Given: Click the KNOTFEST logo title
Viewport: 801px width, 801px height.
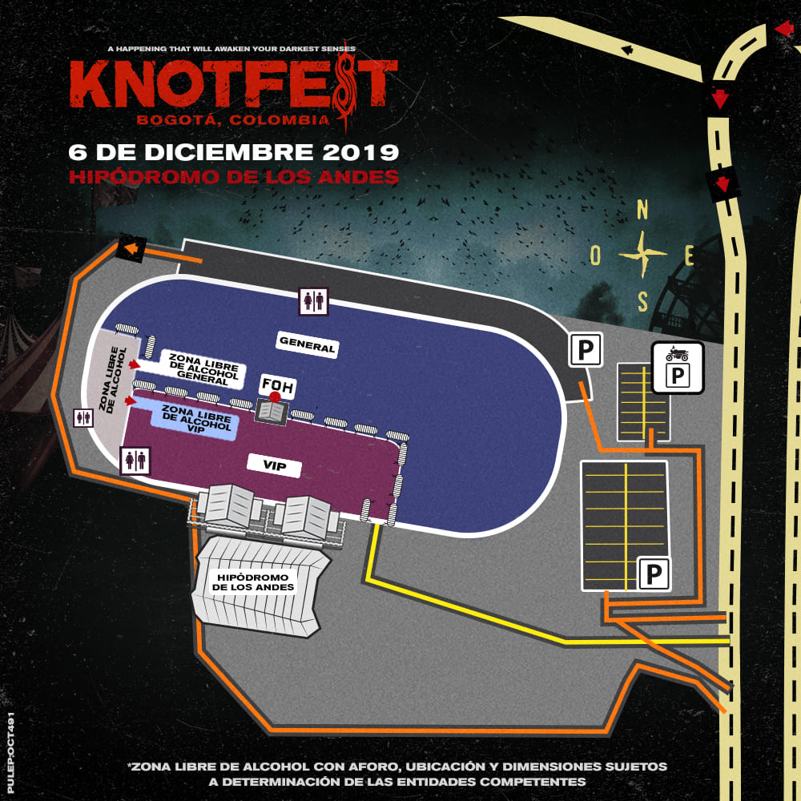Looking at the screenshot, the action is tap(232, 85).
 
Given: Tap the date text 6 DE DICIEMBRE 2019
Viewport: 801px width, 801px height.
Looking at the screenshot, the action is tap(234, 151).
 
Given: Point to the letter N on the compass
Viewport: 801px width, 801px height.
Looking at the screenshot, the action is tap(642, 211).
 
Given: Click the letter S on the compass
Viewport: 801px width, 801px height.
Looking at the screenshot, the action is tap(642, 302).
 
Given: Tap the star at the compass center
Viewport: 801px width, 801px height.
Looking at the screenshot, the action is tap(642, 255).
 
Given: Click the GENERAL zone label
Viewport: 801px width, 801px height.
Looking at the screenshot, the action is tap(307, 345).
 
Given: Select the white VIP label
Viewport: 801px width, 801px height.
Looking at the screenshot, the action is tap(275, 465).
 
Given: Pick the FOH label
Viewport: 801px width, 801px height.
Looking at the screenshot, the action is tap(279, 386).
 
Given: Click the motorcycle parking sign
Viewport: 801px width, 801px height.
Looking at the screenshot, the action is tap(677, 368).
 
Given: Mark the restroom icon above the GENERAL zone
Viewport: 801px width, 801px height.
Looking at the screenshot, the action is tap(312, 300).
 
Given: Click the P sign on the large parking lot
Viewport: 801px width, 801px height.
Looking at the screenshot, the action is tap(654, 574).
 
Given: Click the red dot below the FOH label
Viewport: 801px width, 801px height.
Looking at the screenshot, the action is tap(275, 396).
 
